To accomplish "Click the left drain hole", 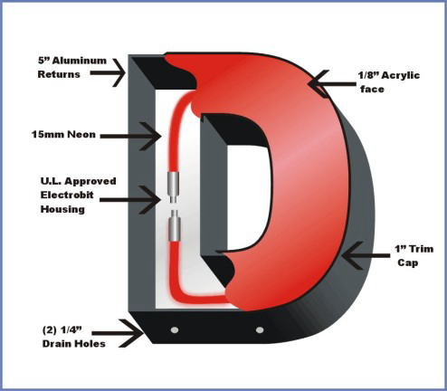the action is (x=175, y=329).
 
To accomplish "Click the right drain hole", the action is (x=260, y=329).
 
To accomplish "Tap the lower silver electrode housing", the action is (x=174, y=225).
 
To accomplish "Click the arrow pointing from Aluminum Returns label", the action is (x=108, y=72).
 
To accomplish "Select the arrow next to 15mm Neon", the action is (x=130, y=137).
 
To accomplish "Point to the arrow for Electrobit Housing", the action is (x=130, y=200).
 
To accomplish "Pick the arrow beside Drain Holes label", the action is (x=118, y=333).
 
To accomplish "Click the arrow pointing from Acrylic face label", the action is (x=332, y=84).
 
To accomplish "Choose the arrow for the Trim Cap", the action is (x=366, y=256).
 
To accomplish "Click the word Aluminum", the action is (x=80, y=61).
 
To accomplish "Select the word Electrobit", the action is (x=67, y=195).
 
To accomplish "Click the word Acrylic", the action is (x=401, y=75).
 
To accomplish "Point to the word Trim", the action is (x=421, y=249).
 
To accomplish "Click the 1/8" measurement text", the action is (x=369, y=75).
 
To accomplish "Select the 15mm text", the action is (x=48, y=134).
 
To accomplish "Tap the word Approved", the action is (x=90, y=182).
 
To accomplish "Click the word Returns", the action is (x=59, y=74).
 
